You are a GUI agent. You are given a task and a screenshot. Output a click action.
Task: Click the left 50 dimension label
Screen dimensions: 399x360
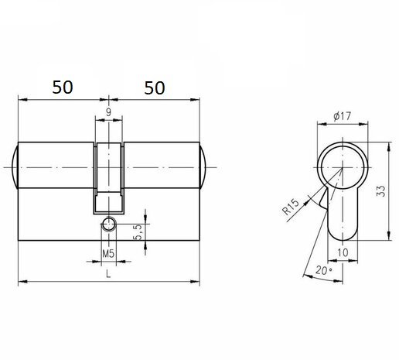pyautogui.click(x=63, y=87)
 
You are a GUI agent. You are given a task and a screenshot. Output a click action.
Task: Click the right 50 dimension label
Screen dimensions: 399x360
pyautogui.click(x=155, y=88)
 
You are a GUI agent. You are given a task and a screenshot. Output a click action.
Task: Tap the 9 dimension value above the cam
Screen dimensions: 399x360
pyautogui.click(x=108, y=112)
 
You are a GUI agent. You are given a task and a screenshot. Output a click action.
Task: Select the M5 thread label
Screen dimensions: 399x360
pyautogui.click(x=108, y=254)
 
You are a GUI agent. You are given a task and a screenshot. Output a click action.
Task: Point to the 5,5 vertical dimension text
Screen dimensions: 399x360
pyautogui.click(x=138, y=232)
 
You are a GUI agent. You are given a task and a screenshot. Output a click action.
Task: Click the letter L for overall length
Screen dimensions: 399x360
pyautogui.click(x=108, y=273)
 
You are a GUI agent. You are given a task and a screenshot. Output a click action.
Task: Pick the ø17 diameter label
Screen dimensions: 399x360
pyautogui.click(x=343, y=116)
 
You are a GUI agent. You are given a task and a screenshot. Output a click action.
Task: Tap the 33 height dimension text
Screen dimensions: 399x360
pyautogui.click(x=381, y=191)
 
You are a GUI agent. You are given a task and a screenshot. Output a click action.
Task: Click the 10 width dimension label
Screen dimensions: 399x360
pyautogui.click(x=343, y=252)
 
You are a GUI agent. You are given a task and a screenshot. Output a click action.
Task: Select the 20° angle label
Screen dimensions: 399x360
pyautogui.click(x=324, y=270)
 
